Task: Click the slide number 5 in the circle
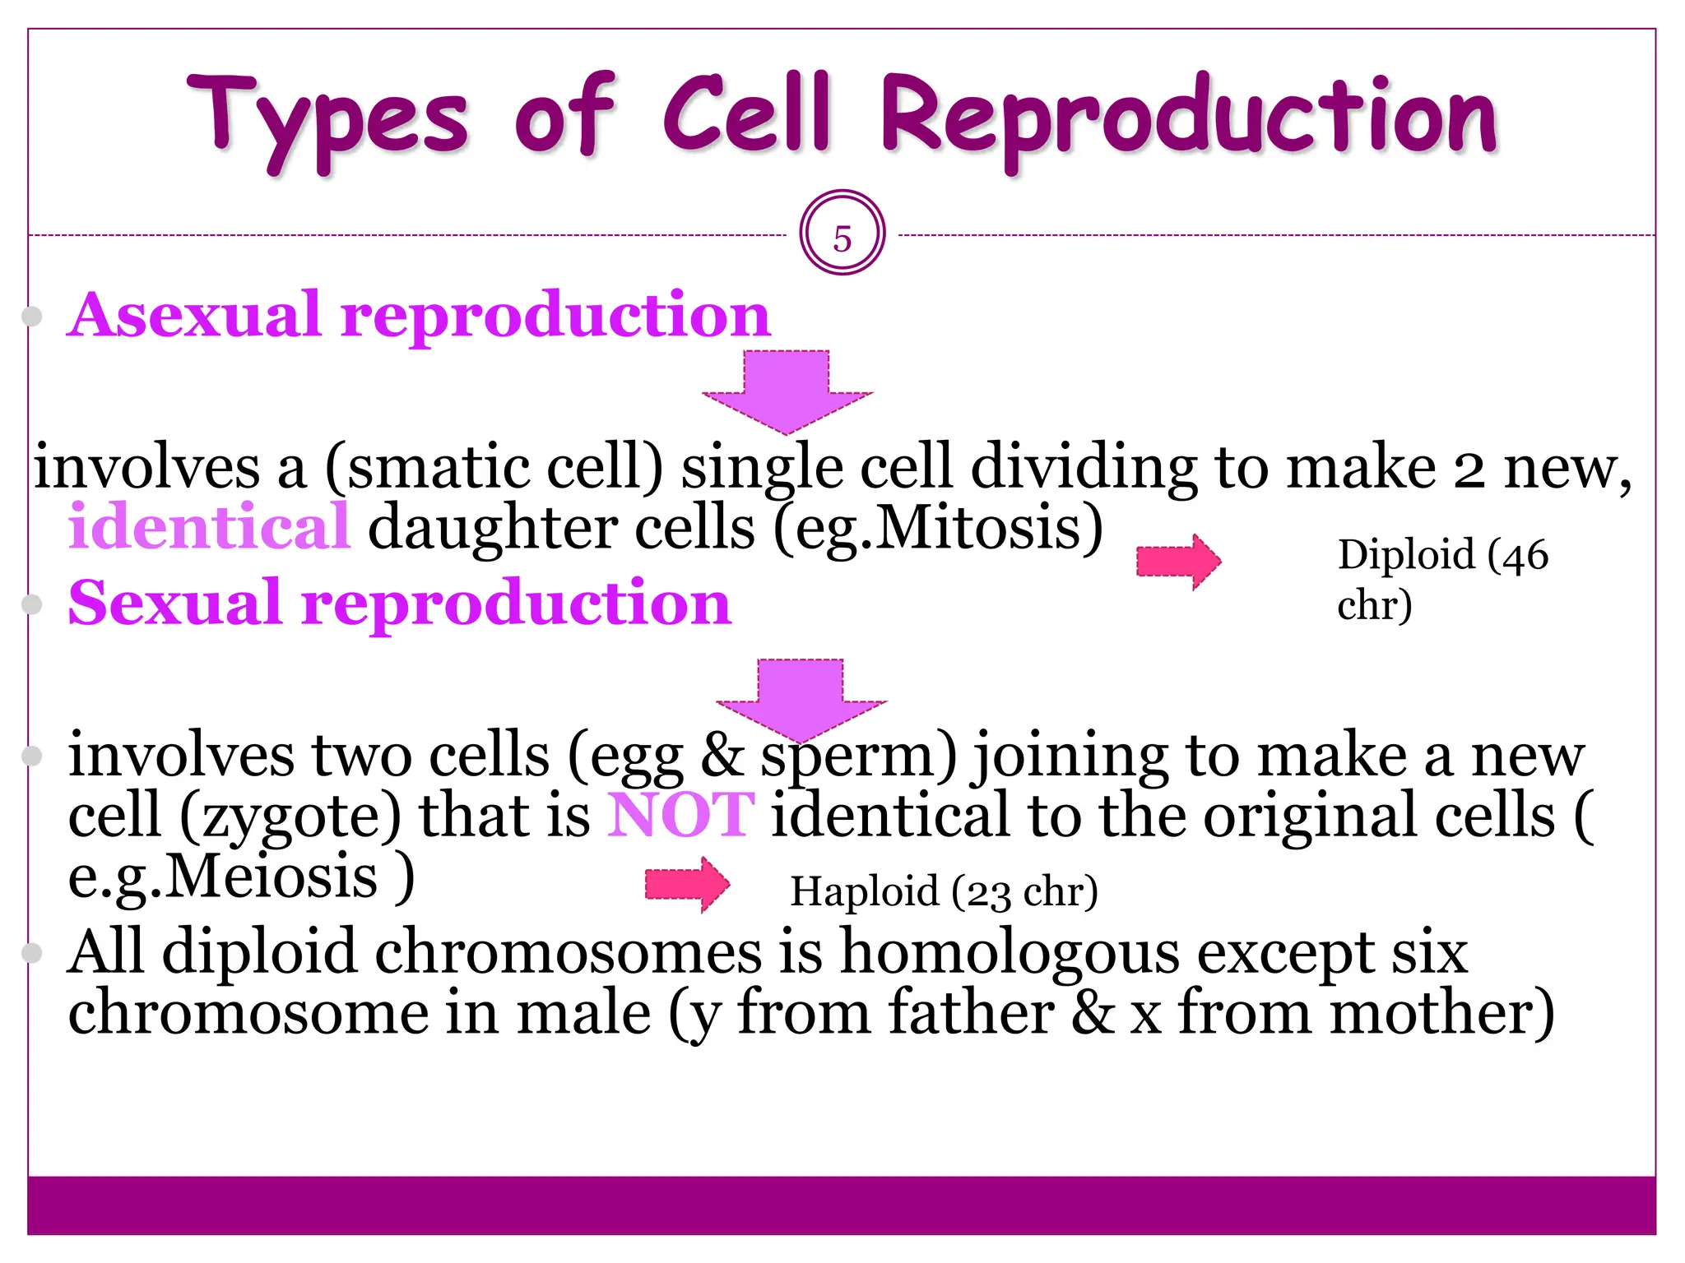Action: pyautogui.click(x=842, y=238)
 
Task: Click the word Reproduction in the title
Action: pyautogui.click(x=1189, y=119)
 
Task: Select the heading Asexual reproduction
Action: pyautogui.click(x=419, y=316)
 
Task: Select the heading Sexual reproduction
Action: pyautogui.click(x=400, y=604)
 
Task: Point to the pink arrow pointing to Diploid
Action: pyautogui.click(x=1178, y=562)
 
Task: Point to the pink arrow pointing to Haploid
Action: pyautogui.click(x=687, y=884)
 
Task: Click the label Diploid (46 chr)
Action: pyautogui.click(x=1441, y=579)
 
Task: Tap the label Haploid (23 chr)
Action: pyautogui.click(x=944, y=891)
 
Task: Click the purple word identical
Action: pyautogui.click(x=210, y=528)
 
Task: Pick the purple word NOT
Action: pyautogui.click(x=680, y=816)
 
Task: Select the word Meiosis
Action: pyautogui.click(x=272, y=877)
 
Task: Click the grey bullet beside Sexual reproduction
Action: pyautogui.click(x=32, y=605)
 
